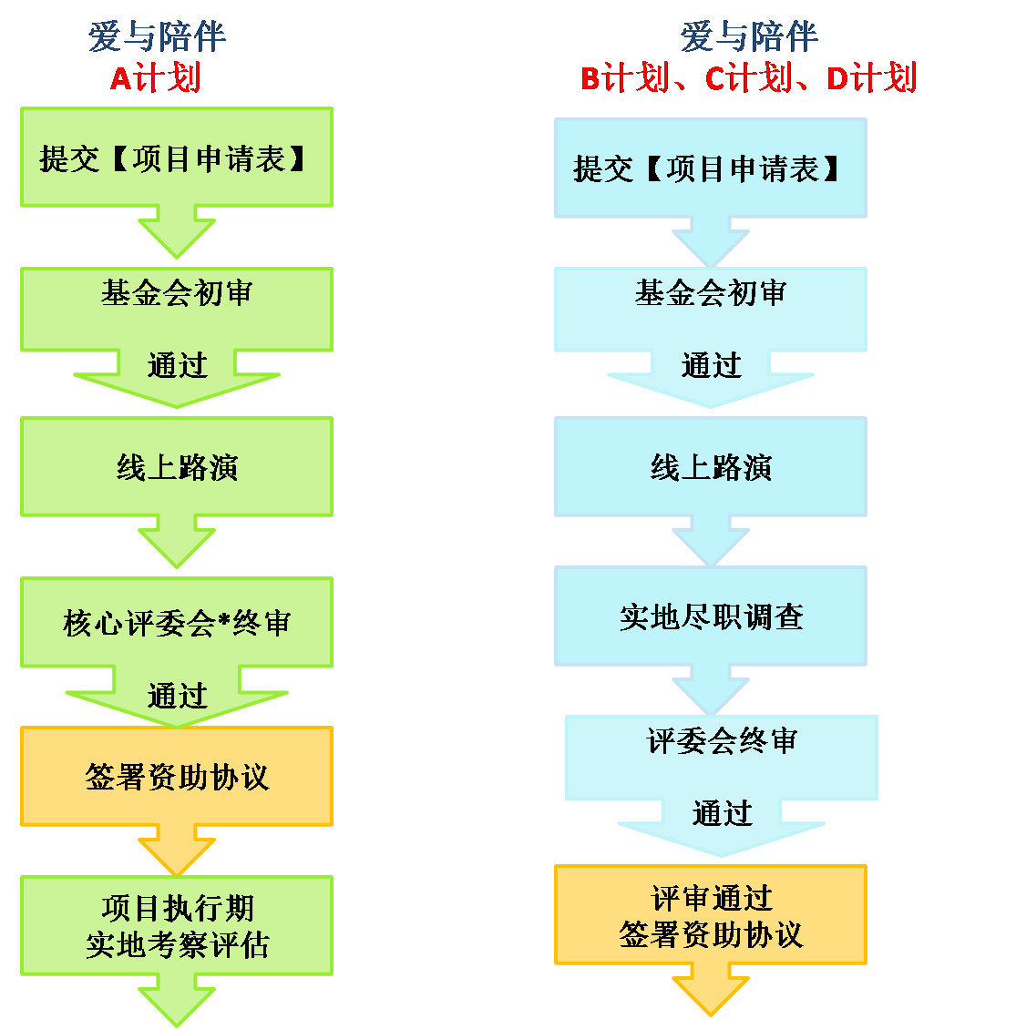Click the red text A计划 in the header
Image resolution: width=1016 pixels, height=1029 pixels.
coord(155,78)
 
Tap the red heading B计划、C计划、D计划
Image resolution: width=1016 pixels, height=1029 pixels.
coord(748,78)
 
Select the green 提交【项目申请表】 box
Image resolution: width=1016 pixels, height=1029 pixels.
coord(176,158)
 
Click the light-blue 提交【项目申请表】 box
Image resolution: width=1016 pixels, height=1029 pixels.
coord(710,168)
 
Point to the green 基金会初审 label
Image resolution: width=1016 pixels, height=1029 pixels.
coord(176,293)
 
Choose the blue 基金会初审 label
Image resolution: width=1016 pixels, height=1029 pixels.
coord(710,293)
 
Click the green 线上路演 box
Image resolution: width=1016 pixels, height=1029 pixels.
coord(176,467)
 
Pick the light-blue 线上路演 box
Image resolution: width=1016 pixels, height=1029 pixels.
coord(710,467)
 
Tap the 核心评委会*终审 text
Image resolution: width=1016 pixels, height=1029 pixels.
coord(176,623)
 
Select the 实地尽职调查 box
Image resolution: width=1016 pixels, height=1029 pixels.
coord(710,616)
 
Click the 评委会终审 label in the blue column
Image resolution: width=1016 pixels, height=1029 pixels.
coord(721,741)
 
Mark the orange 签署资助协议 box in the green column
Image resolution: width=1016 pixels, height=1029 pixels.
coord(176,777)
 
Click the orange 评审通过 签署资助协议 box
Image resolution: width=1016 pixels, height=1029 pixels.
coord(710,915)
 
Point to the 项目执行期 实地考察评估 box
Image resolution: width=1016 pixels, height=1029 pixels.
coord(176,926)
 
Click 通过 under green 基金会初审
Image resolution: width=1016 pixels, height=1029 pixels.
coord(177,366)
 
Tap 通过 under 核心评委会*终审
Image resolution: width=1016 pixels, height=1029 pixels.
coord(177,697)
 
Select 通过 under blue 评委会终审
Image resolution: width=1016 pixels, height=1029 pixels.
coord(721,813)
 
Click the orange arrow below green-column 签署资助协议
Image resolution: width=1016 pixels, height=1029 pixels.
coord(176,851)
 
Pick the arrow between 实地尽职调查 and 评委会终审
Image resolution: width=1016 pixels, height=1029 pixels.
coord(710,690)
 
